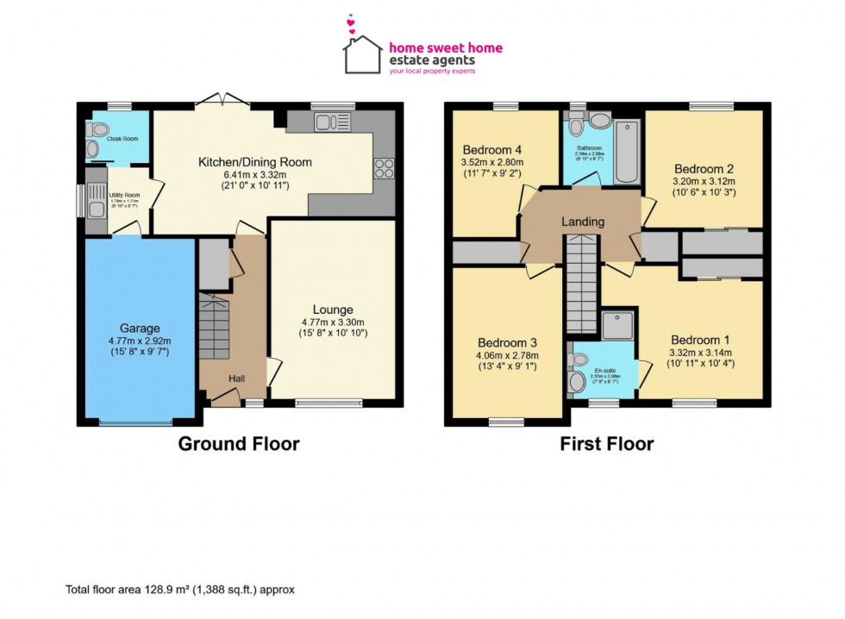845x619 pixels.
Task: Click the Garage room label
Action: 140,328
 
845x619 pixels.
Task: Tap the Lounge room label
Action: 333,309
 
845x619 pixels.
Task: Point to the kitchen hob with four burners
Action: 383,169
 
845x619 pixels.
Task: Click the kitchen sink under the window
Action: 327,122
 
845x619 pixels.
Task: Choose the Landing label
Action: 583,222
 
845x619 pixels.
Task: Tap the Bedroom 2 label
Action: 704,168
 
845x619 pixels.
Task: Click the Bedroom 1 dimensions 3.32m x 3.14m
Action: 701,352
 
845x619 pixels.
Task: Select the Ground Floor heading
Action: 239,444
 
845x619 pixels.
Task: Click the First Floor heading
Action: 606,444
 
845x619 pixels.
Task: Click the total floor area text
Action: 180,591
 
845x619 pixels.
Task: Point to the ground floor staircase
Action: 214,327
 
